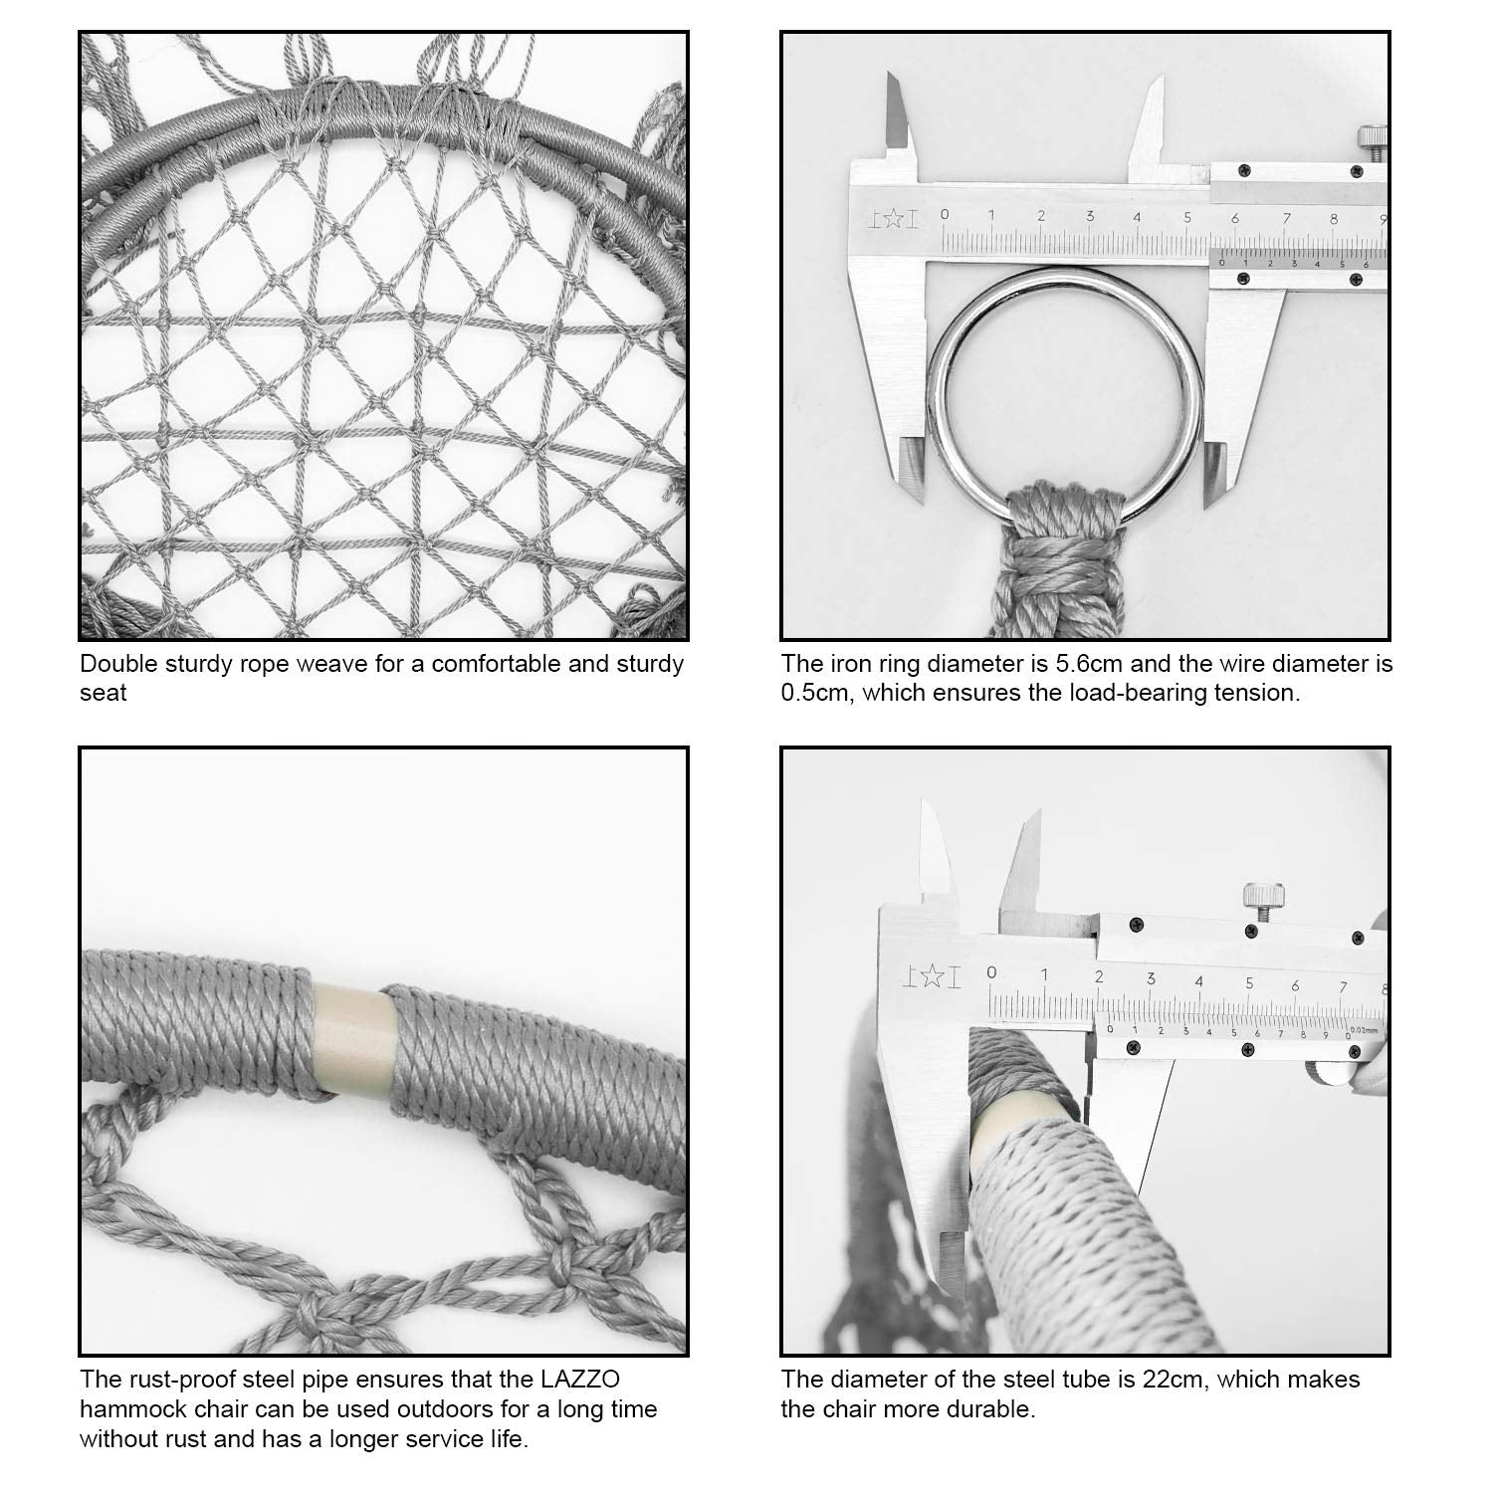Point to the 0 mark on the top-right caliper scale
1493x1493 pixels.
[x=945, y=214]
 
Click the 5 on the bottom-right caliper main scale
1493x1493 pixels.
[x=1249, y=983]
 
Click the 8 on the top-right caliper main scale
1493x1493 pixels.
[x=1333, y=218]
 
